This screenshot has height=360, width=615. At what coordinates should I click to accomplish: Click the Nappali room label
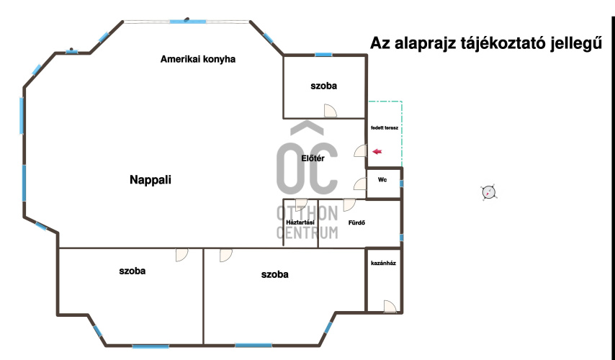(151, 180)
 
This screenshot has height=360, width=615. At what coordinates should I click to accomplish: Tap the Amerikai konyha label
(197, 59)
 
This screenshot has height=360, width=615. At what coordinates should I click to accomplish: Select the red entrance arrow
(377, 151)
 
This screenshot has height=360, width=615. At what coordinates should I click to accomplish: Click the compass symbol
(488, 192)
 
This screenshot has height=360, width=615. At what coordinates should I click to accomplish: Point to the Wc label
(382, 179)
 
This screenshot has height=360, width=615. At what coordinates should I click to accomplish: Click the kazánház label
(383, 263)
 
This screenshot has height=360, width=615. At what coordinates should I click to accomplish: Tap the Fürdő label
(356, 222)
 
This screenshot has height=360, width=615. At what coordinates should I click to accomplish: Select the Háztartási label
(300, 222)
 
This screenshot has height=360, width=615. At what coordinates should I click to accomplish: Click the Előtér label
(313, 158)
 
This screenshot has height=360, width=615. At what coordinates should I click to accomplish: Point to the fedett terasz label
(385, 128)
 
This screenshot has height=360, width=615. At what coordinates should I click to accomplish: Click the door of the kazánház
(390, 306)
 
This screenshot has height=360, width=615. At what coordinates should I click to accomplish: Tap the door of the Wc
(360, 184)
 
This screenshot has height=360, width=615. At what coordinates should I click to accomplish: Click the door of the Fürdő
(349, 204)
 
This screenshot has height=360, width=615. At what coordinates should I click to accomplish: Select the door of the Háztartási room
(301, 204)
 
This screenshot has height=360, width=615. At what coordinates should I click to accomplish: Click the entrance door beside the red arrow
(360, 150)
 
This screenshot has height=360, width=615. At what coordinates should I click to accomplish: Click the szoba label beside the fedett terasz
(323, 86)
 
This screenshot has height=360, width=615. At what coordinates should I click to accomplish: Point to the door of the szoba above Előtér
(331, 111)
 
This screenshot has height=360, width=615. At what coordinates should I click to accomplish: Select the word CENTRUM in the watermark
(307, 233)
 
